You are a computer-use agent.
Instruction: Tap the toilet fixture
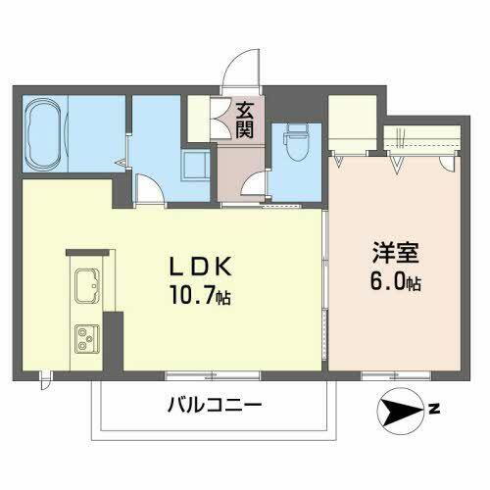[294, 144]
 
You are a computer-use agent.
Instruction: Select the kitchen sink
[84, 285]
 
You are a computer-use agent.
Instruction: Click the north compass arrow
[400, 415]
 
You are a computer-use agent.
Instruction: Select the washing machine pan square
[194, 166]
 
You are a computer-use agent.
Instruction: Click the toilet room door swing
[256, 185]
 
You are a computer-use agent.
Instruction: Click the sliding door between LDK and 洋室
[326, 294]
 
